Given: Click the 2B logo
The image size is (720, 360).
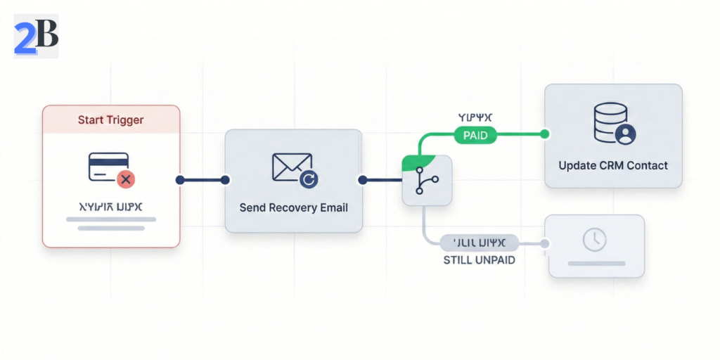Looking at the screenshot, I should coord(36,36).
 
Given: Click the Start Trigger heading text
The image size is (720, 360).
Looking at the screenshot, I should coord(110,120).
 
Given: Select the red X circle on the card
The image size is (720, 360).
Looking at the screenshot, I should coord(126,180).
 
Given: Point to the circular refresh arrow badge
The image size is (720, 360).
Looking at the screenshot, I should coord(309,180).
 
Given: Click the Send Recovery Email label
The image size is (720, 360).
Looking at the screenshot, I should coord(293,207).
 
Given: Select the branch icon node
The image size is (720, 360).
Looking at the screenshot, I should coord(426,181).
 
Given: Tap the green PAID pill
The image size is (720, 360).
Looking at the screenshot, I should coord(475,135).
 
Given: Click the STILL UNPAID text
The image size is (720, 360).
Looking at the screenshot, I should coord(479,260).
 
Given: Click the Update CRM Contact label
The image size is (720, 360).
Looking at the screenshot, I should coord(613,166).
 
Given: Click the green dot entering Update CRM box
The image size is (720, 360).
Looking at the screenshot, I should coord(544,134).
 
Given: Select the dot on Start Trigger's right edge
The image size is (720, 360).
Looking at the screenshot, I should coord(180,180).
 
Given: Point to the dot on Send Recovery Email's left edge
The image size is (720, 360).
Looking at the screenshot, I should coord(225,180).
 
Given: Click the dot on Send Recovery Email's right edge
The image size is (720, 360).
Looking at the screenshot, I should coord(362,180).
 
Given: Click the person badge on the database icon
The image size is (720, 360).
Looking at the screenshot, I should coord(624,134).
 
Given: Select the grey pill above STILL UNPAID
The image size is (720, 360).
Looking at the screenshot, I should coord(479,243).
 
